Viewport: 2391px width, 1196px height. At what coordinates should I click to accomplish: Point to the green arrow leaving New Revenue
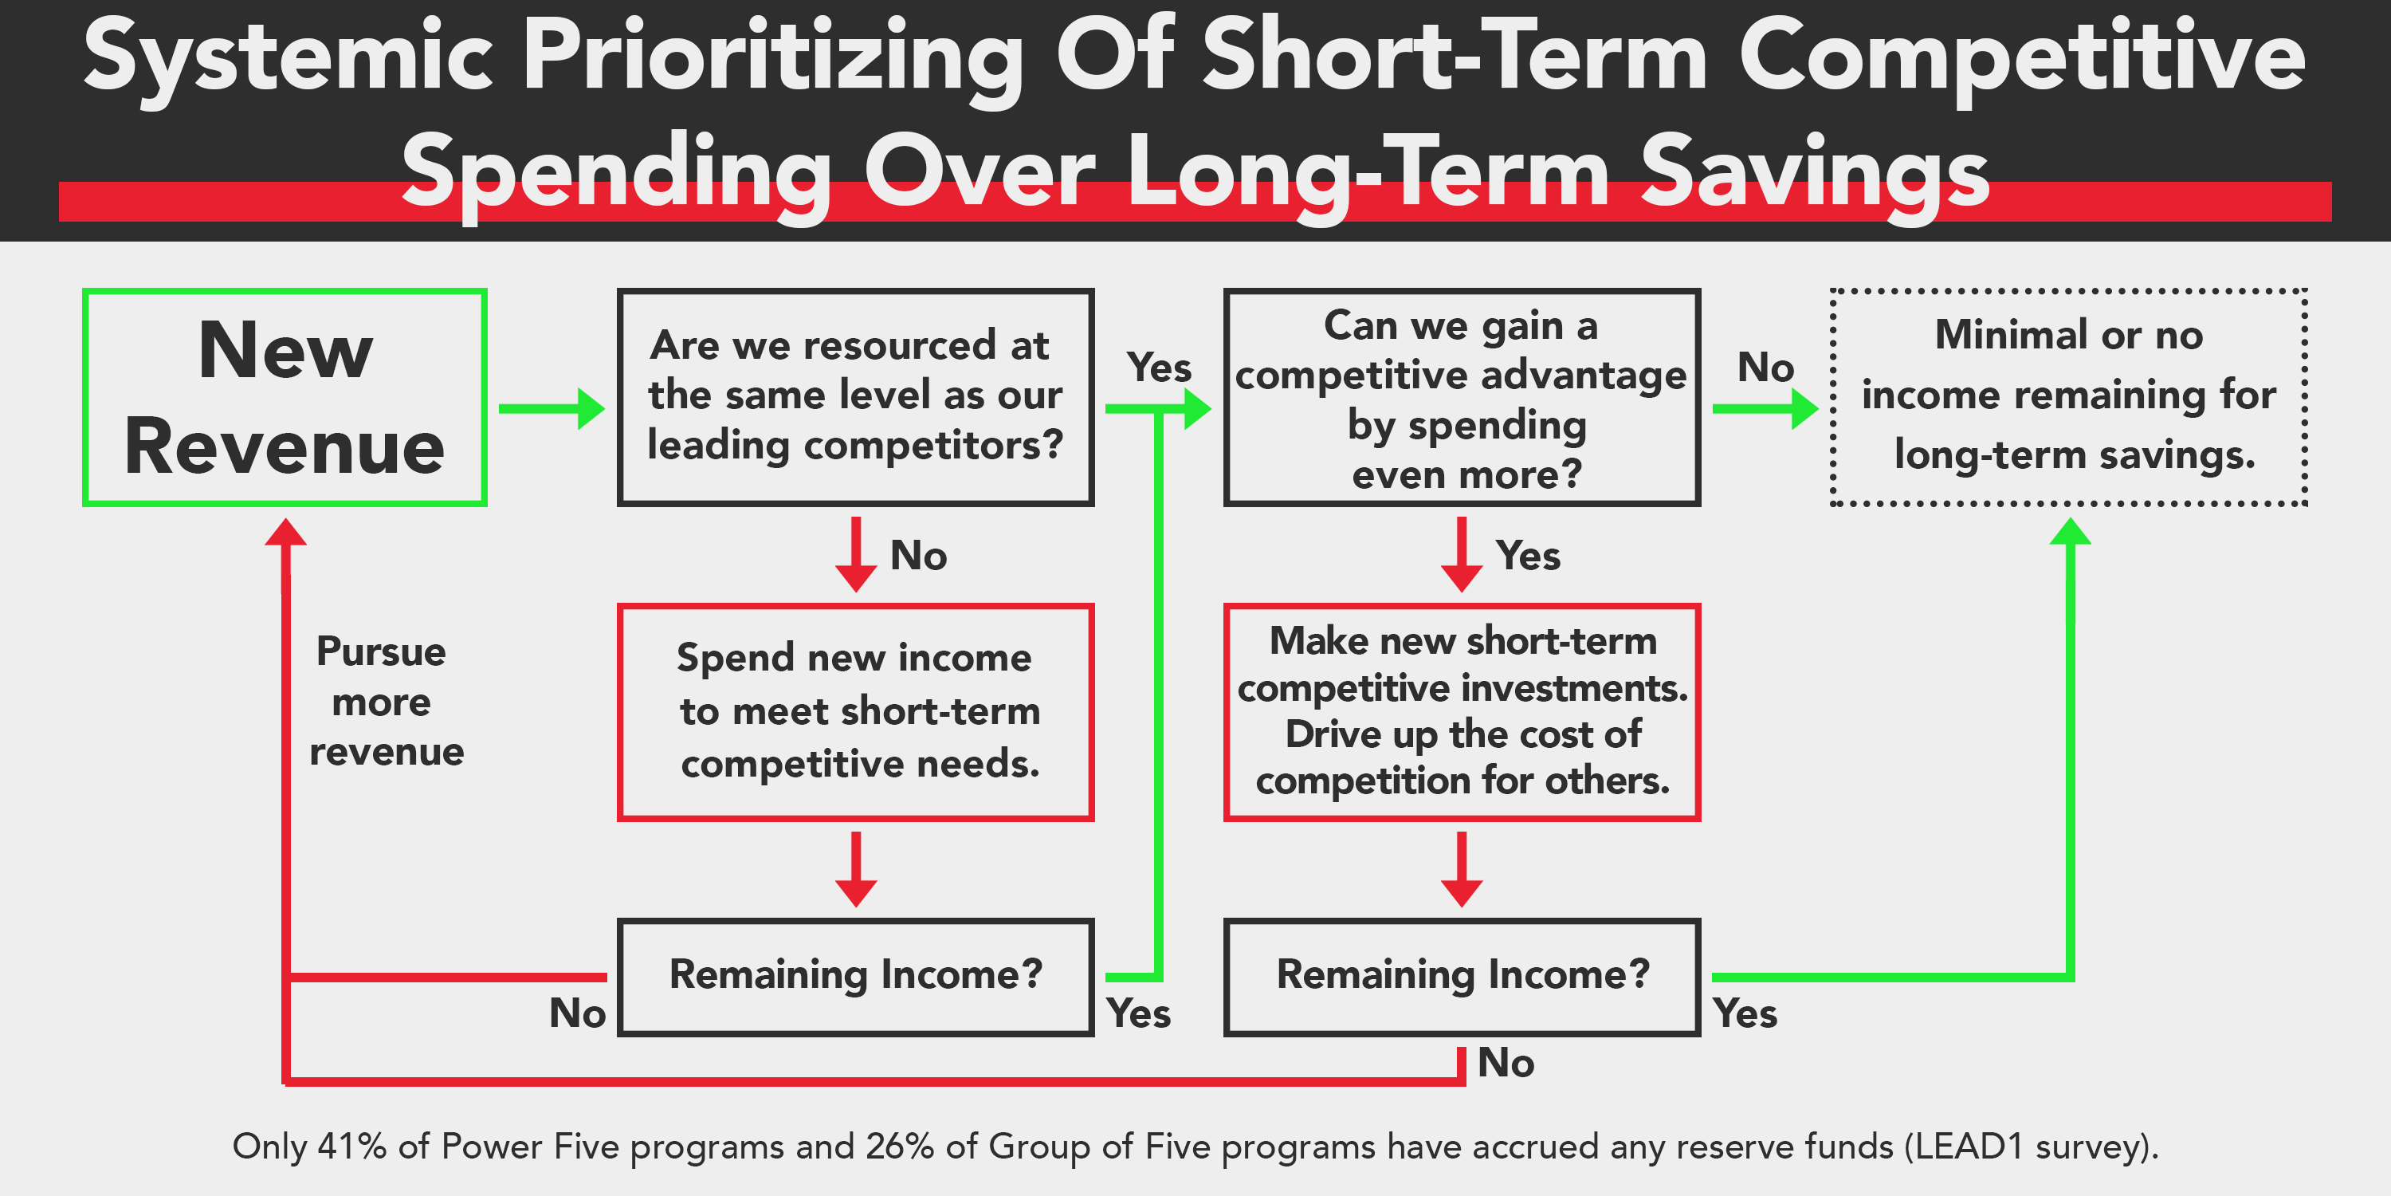tap(552, 408)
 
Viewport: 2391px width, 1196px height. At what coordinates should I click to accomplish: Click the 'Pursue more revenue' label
tap(384, 702)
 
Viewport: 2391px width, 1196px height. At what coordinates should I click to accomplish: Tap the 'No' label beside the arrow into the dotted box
tap(1765, 368)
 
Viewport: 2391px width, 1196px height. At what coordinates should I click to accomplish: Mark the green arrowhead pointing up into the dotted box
tap(2070, 532)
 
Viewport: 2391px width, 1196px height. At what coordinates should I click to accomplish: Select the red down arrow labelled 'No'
tap(856, 554)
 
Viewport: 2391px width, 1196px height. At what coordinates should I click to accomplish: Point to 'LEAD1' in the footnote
tap(1969, 1147)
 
